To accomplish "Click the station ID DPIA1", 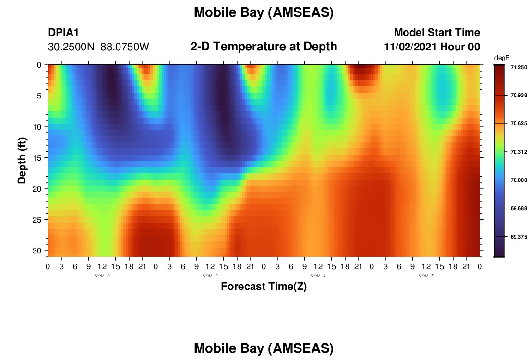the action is (63, 32).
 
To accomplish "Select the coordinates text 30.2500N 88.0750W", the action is (98, 47).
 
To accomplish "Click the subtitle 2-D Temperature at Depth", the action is (264, 47).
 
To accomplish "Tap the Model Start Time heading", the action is (437, 32).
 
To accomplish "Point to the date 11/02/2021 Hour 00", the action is (432, 47).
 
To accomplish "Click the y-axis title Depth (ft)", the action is (22, 160).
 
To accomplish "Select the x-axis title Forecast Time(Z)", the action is (264, 286).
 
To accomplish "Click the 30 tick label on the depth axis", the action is (37, 251).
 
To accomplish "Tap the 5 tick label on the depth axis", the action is (39, 96).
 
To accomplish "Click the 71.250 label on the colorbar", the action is (518, 67).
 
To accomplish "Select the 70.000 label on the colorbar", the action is (518, 180).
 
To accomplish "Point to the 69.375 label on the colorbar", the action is (518, 237).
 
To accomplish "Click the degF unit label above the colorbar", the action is (502, 58).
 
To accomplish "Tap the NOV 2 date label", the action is (102, 276).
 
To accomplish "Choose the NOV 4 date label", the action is (318, 276).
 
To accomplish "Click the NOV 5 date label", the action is (426, 276).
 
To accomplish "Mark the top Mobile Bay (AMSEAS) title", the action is (264, 12).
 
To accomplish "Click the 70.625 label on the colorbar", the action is (518, 123).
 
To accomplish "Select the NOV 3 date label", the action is (210, 276).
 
